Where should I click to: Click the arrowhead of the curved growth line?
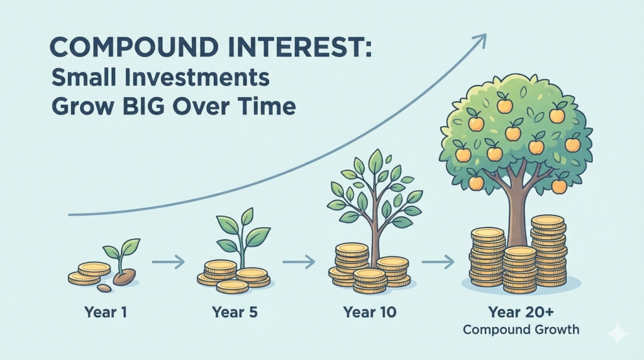[x=480, y=40]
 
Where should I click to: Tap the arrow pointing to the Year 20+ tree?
[x=438, y=260]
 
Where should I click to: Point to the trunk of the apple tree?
[x=517, y=208]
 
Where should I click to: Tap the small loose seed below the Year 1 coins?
[x=105, y=288]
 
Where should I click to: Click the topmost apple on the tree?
[x=504, y=105]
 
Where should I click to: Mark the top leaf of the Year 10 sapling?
[x=375, y=161]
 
